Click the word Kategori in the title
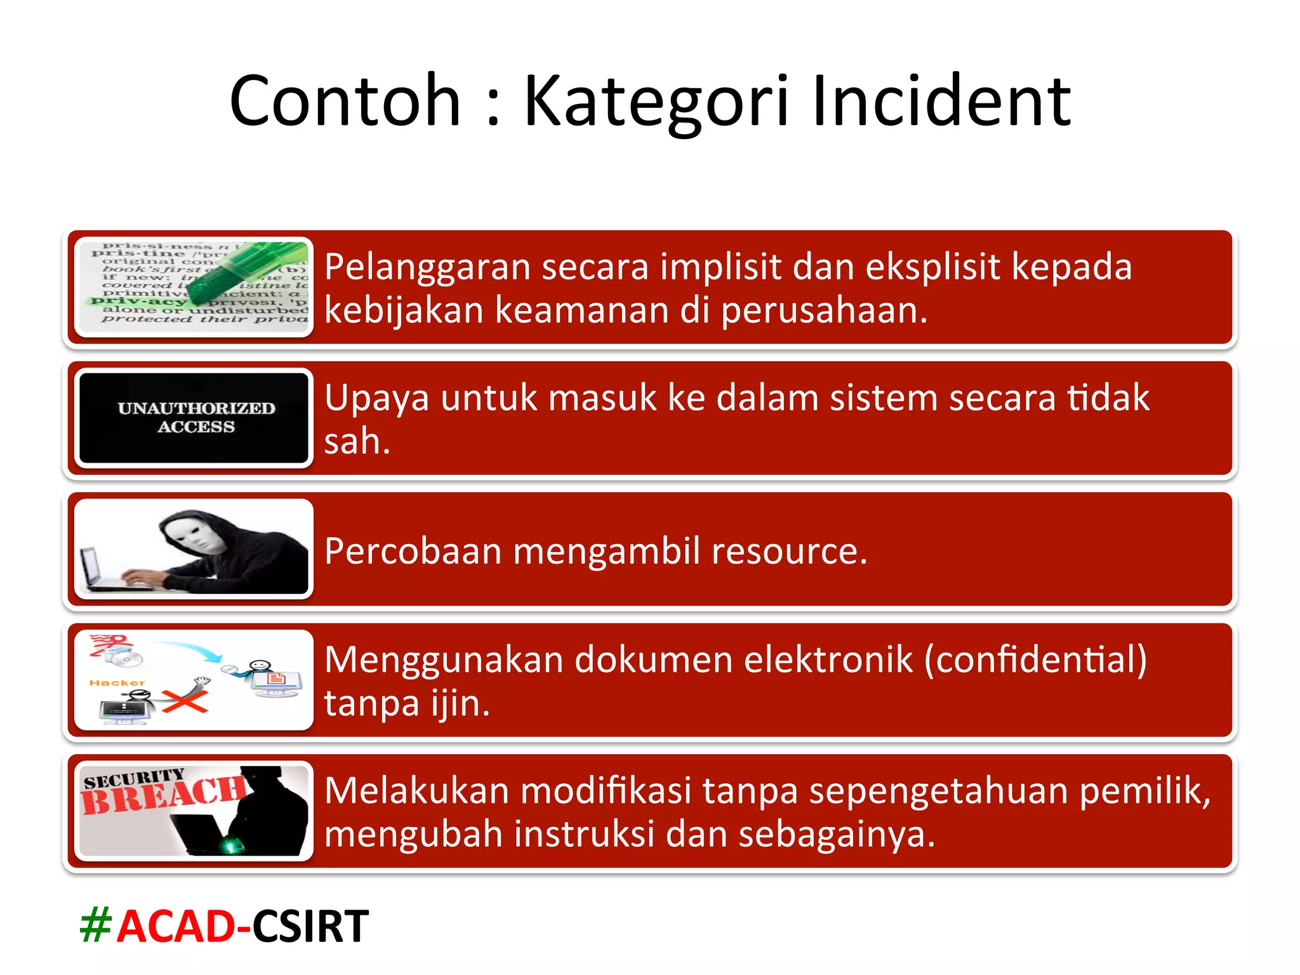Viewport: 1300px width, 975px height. coord(657,102)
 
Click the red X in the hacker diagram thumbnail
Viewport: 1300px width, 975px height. coord(185,701)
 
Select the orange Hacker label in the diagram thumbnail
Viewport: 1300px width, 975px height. coord(117,683)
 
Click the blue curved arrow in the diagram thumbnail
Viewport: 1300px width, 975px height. coord(187,650)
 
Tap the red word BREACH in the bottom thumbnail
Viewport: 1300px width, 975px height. coord(162,796)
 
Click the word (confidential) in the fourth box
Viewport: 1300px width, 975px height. coord(1035,660)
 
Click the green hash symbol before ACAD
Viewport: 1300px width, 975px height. coord(96,926)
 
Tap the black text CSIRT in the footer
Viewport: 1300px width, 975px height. coord(310,926)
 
